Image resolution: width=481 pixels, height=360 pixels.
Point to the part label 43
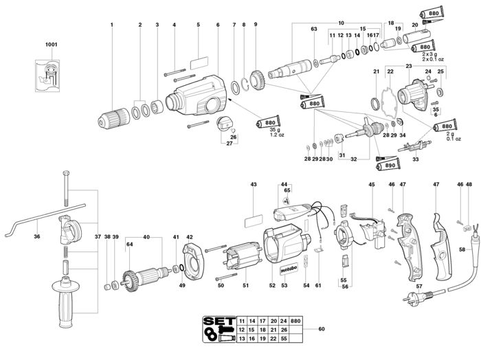pos(253,185)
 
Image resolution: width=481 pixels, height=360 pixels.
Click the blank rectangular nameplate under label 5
pos(198,60)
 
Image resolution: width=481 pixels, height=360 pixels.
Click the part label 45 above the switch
pos(371,185)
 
